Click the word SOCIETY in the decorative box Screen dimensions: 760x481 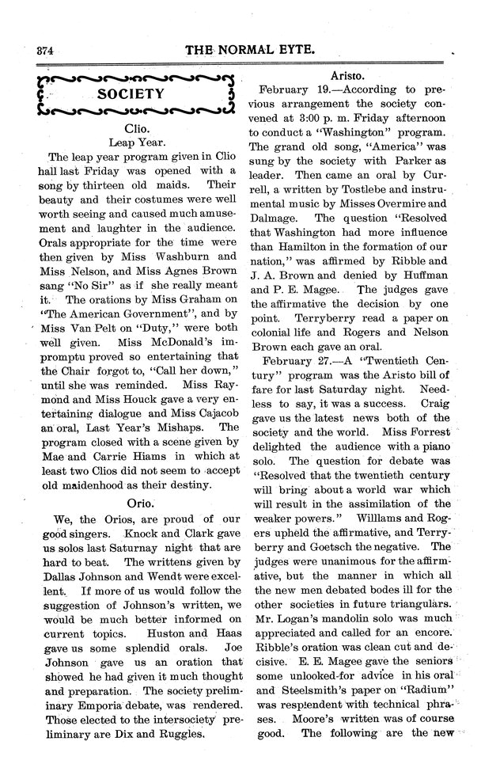pos(131,93)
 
